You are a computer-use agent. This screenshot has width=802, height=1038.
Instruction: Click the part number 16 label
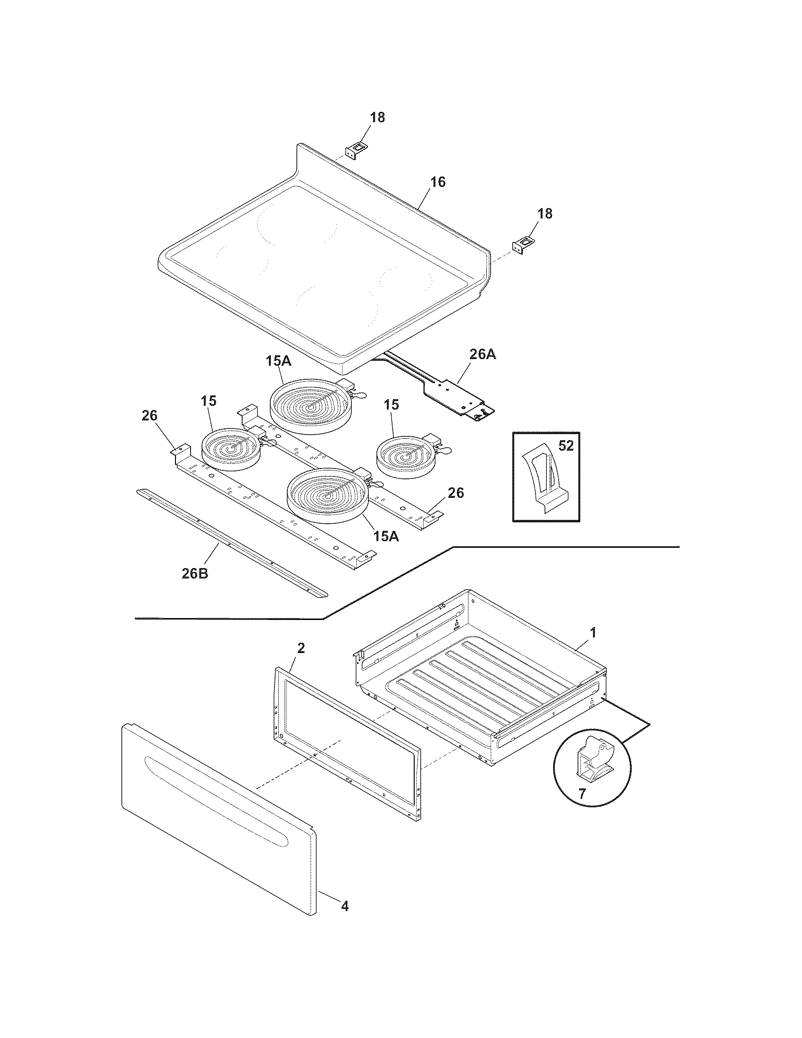point(438,182)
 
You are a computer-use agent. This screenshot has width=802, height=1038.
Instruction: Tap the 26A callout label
point(483,354)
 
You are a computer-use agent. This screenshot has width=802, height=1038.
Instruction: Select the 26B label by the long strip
point(195,573)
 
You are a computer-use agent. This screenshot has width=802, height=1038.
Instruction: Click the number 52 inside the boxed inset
point(566,446)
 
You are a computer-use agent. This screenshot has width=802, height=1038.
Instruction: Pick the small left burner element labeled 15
point(231,449)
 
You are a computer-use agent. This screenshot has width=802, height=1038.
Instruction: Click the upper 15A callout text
point(278,361)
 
